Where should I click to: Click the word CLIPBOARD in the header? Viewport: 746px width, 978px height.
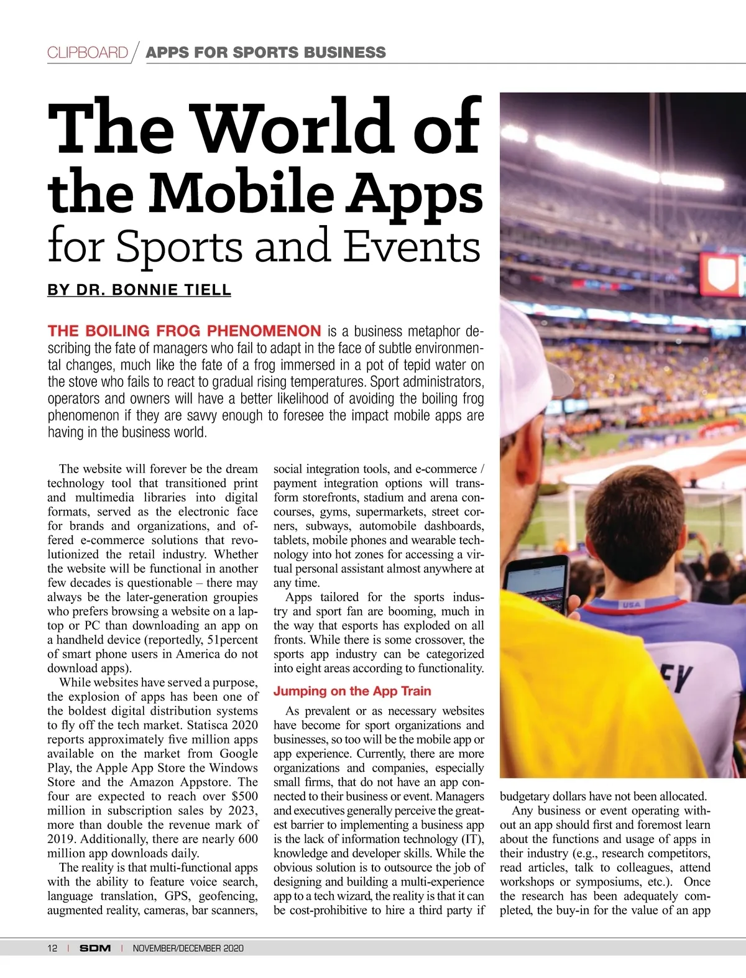[88, 52]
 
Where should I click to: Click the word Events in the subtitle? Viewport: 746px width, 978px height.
[412, 246]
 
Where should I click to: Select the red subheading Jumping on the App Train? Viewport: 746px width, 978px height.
[352, 691]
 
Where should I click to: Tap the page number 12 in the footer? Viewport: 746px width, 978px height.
[52, 948]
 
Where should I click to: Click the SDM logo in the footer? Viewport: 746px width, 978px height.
[95, 948]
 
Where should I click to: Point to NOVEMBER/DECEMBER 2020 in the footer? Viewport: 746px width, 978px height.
[188, 948]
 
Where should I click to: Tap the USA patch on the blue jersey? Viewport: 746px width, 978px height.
[630, 604]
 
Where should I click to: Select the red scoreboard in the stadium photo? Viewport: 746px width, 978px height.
[721, 274]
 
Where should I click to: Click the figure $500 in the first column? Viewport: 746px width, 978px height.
[244, 796]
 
